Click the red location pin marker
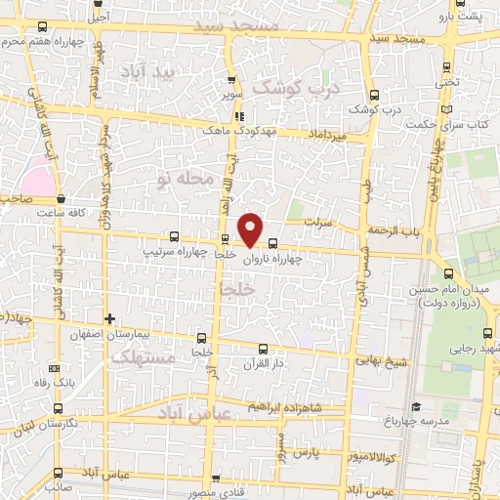coord(251,229)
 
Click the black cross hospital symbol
coord(110,318)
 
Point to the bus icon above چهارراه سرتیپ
coord(174,235)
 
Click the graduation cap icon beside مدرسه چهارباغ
coord(416,407)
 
